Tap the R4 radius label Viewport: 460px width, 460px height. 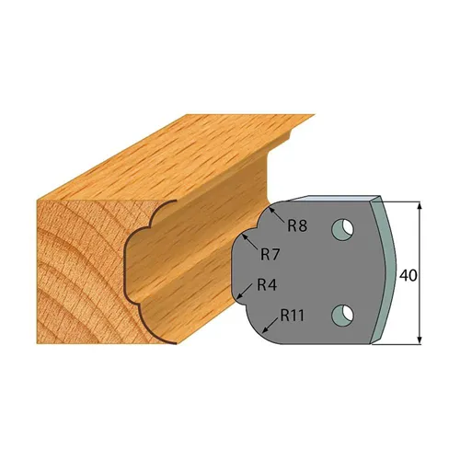tap(267, 284)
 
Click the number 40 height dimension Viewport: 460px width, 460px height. tap(408, 274)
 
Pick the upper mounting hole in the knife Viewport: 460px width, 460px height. tap(341, 226)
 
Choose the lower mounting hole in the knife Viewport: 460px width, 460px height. tap(341, 314)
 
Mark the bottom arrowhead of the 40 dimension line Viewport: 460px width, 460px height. tap(420, 339)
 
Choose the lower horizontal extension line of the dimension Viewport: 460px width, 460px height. tap(403, 345)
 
